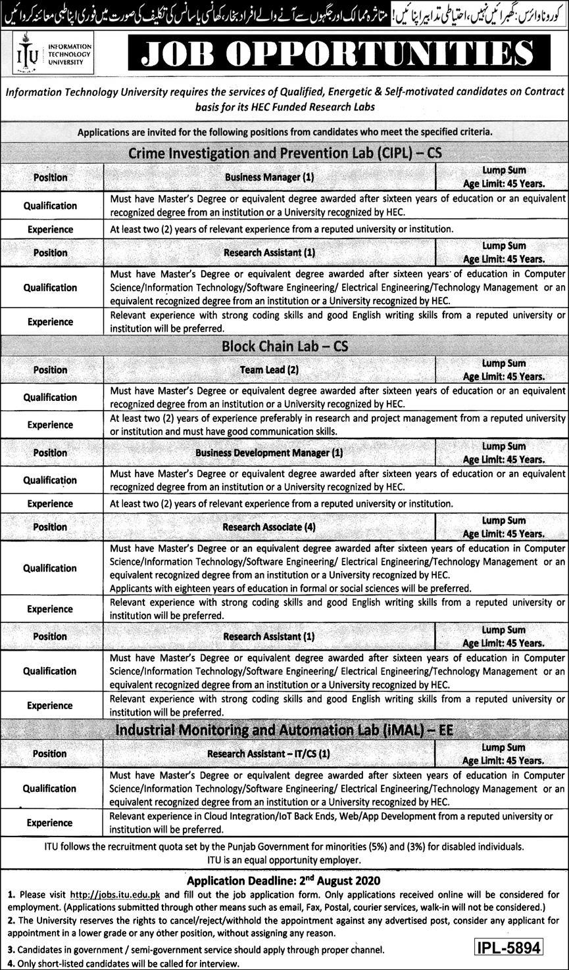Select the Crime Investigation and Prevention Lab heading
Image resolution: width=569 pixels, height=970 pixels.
click(x=285, y=153)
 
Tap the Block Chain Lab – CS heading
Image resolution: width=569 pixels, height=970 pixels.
click(x=285, y=346)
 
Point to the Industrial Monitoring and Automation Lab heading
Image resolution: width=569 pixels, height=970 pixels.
click(x=285, y=729)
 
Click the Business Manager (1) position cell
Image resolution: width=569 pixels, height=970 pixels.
click(x=270, y=177)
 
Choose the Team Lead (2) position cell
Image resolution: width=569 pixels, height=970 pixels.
click(x=270, y=370)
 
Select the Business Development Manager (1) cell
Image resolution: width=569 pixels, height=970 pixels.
click(x=270, y=453)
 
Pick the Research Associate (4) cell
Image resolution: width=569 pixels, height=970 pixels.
click(x=270, y=527)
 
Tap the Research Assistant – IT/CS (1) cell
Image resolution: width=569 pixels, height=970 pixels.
click(x=270, y=754)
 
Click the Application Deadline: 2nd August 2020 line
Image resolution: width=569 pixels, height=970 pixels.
click(x=284, y=880)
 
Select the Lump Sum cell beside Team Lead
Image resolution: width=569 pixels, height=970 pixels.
click(x=503, y=370)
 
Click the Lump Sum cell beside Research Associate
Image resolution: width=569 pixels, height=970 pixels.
click(x=503, y=527)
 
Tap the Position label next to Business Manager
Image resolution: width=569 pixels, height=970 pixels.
click(x=51, y=177)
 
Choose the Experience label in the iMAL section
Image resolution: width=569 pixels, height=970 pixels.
click(x=50, y=822)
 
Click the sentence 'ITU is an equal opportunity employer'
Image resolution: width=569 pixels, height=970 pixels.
click(x=284, y=860)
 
